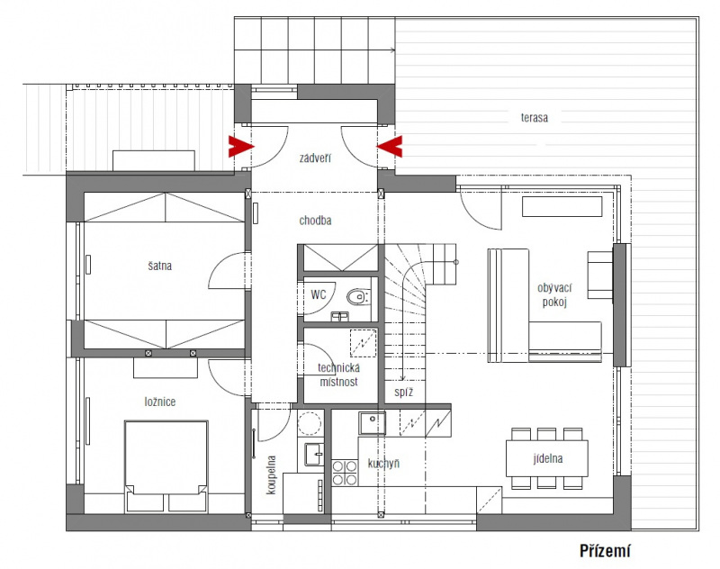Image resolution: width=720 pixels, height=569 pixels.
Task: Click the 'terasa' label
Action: pos(534,118)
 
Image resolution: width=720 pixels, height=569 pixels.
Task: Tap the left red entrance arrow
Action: pos(240,147)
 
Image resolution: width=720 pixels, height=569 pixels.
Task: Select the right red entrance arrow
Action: pos(390,147)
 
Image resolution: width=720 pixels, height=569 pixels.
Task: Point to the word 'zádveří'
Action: pos(315,158)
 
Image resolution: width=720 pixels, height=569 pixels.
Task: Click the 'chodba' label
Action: pos(315,221)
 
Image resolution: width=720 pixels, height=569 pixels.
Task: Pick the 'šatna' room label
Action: pos(160,266)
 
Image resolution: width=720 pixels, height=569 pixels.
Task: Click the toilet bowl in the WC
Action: pos(358,297)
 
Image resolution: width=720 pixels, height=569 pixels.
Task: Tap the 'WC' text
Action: pos(319,294)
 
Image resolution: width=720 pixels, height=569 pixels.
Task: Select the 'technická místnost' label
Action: pos(339,375)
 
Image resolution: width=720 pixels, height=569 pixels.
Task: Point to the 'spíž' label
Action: pos(403,393)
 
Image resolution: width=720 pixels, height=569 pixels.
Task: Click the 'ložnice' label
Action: pos(160,402)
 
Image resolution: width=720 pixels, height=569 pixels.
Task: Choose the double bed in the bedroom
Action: pos(166,465)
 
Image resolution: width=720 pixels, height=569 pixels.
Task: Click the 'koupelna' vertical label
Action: pos(272,474)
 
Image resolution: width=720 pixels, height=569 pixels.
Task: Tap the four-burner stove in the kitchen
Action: pos(345,473)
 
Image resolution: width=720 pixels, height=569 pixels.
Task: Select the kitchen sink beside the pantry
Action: pos(373,423)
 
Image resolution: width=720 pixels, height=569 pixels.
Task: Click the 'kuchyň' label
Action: pos(383,464)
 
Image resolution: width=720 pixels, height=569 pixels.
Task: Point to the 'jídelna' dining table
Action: pos(547,458)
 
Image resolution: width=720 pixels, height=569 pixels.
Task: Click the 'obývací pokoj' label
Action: pos(554,294)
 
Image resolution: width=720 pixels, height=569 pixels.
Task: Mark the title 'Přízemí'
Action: pos(605,551)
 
